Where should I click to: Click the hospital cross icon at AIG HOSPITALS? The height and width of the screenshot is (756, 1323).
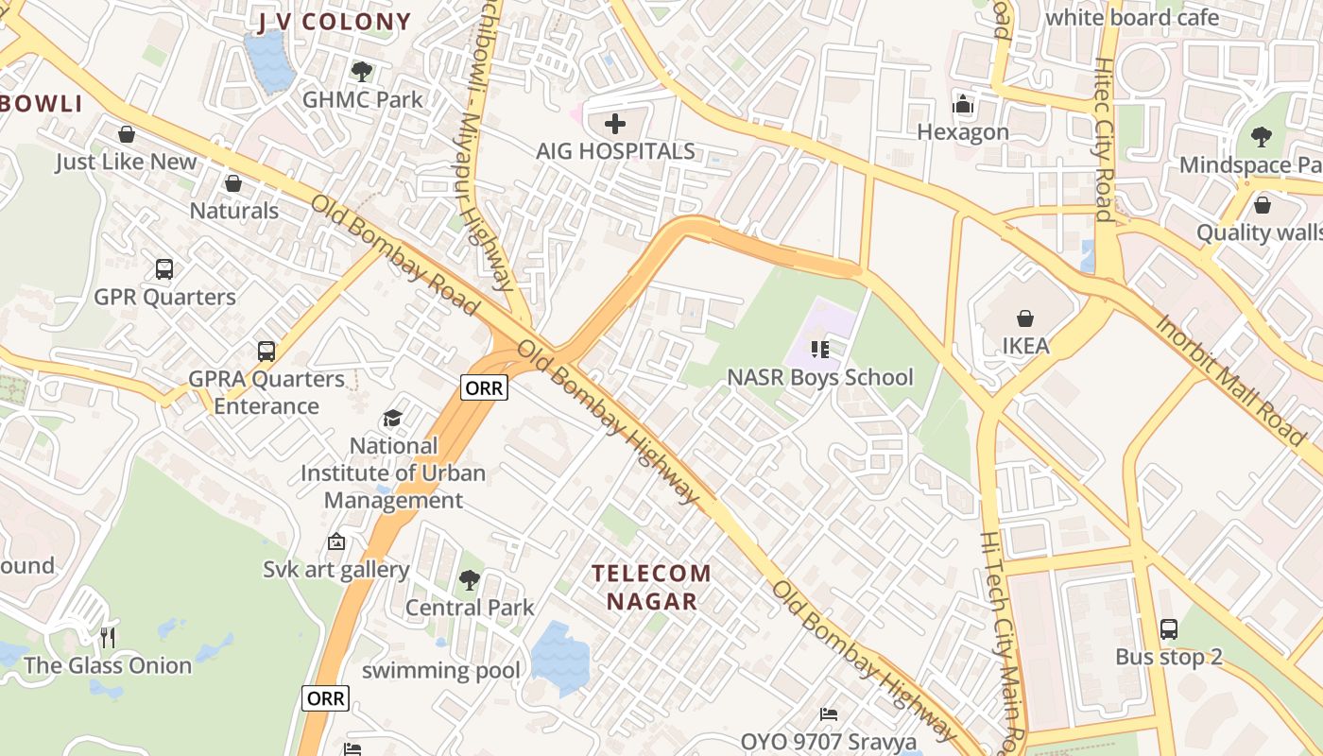click(x=615, y=124)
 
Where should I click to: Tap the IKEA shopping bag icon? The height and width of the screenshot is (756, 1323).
click(x=1025, y=318)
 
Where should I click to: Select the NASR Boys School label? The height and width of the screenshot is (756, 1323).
click(x=819, y=377)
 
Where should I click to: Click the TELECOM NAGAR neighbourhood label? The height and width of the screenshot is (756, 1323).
click(x=651, y=587)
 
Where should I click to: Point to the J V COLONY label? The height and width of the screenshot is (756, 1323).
click(x=335, y=22)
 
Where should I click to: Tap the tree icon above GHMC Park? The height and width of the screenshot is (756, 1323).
click(x=361, y=71)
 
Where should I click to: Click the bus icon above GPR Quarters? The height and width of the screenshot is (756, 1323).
click(x=164, y=269)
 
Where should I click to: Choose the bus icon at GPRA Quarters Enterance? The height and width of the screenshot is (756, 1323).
click(x=266, y=352)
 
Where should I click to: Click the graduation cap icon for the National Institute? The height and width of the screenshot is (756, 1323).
click(x=392, y=419)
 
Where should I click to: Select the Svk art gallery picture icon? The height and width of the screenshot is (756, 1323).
click(x=335, y=542)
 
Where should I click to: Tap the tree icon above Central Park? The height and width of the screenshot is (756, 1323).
click(x=470, y=580)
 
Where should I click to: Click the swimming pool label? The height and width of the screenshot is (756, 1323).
click(x=440, y=671)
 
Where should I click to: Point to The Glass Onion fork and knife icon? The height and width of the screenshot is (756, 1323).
click(x=108, y=638)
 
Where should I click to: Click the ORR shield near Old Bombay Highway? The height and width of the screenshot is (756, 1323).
click(x=484, y=387)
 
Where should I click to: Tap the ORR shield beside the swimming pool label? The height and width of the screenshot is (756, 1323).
click(x=326, y=698)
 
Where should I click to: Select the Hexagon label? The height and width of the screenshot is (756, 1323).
click(x=963, y=131)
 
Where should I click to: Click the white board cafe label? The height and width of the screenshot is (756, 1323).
click(x=1132, y=17)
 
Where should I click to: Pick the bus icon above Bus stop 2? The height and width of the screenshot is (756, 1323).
click(x=1169, y=629)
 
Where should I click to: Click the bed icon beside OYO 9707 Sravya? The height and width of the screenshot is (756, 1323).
click(x=829, y=714)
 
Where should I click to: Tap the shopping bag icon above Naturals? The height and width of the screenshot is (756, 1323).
click(x=233, y=183)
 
